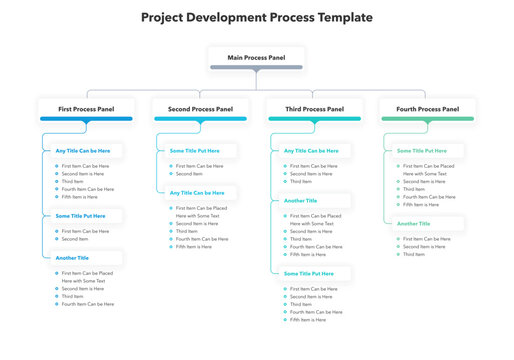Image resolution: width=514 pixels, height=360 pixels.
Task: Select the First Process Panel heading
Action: click(86, 108)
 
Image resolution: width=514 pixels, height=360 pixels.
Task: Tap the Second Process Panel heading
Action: click(200, 108)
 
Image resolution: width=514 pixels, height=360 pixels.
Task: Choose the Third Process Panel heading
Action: click(314, 108)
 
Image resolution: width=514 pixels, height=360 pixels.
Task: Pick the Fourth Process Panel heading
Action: click(427, 108)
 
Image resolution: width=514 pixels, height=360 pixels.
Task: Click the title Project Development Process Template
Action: click(257, 17)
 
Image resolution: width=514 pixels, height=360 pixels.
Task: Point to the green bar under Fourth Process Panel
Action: click(427, 118)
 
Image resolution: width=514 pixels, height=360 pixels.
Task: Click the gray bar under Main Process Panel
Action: click(256, 67)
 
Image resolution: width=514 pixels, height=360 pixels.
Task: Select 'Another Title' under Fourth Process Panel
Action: click(414, 224)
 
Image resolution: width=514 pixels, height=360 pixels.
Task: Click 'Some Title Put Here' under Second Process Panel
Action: click(196, 151)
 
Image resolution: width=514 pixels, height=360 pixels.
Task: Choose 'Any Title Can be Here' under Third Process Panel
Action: click(311, 151)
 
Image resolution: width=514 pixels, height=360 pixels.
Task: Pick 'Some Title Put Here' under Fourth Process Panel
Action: click(422, 151)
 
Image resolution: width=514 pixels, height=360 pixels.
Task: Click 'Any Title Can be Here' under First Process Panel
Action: click(83, 151)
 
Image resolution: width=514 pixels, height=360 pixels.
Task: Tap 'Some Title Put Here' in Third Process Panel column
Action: click(309, 273)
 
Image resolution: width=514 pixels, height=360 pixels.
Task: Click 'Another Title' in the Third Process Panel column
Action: click(302, 200)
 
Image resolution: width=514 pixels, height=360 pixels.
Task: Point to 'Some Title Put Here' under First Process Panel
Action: click(81, 216)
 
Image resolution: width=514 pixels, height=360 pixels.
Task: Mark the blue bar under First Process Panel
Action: click(86, 118)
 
